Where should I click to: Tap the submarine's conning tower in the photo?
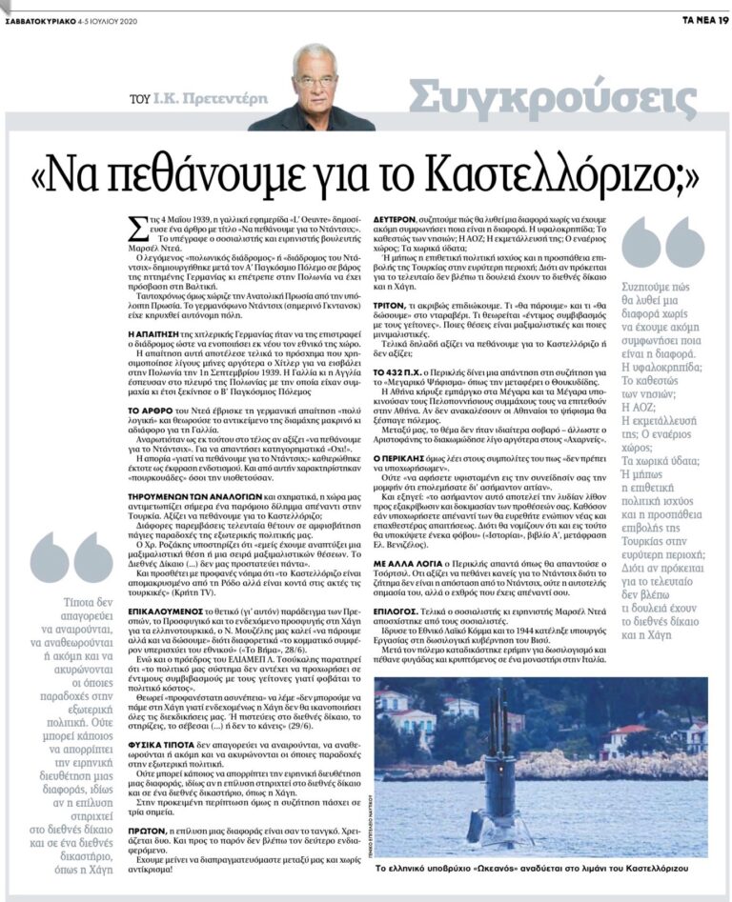click(x=497, y=763)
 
